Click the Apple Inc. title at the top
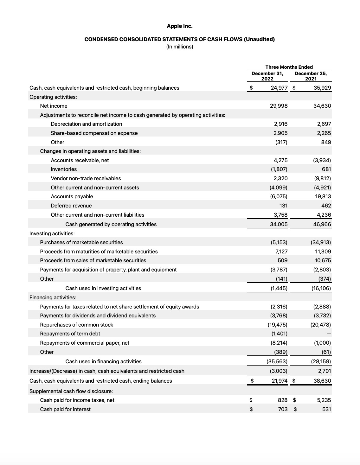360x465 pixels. [x=180, y=26]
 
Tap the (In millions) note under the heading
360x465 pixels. [x=180, y=47]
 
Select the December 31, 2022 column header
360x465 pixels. [x=267, y=76]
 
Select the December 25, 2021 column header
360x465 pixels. [x=311, y=76]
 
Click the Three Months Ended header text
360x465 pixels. [x=289, y=67]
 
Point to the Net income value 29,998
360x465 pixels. [x=279, y=106]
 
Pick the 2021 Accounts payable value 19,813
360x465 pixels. [x=323, y=196]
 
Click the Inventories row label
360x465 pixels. [x=64, y=169]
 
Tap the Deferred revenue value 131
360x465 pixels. [x=283, y=206]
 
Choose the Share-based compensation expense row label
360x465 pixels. [x=94, y=133]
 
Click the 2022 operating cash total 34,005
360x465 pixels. [x=279, y=224]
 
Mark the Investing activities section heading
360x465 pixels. [x=52, y=233]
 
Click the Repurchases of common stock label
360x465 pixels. [x=76, y=325]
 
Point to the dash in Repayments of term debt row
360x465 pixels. [x=329, y=334]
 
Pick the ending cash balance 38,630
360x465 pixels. [x=322, y=381]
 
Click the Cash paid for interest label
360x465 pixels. [x=65, y=409]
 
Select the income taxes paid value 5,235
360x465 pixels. [x=324, y=400]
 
